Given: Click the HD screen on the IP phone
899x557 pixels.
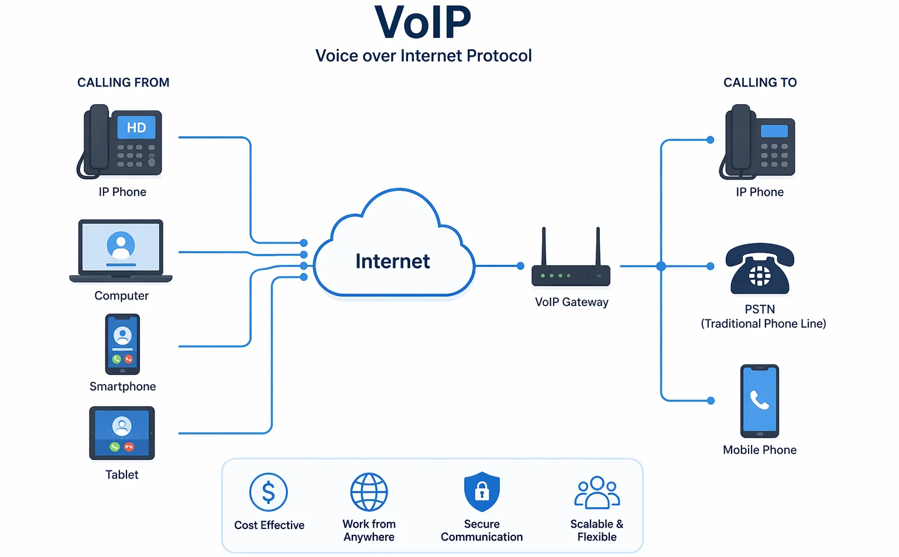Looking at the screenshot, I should [136, 128].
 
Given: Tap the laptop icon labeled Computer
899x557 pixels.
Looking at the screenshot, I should [121, 250].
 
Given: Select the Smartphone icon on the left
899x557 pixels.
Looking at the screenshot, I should [122, 344].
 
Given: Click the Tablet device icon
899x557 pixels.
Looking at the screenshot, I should [122, 433].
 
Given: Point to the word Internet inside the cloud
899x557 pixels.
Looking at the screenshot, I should [392, 261].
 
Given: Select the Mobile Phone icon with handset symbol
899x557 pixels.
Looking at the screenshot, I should [760, 401].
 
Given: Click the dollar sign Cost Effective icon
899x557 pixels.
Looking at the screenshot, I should [269, 492].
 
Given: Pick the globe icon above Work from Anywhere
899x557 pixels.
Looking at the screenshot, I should [369, 492].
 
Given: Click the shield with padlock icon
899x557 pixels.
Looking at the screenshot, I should [482, 491].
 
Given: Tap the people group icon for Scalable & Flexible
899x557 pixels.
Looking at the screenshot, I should [597, 492].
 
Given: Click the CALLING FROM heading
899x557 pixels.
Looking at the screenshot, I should [123, 82].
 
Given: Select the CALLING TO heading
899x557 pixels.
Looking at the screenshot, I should [760, 82].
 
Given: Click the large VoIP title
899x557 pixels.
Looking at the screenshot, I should [423, 23].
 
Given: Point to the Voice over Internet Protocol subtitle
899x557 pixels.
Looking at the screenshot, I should [423, 56].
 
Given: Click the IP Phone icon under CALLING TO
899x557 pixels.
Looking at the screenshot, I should [759, 142].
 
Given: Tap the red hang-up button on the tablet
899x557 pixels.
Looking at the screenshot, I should [129, 447].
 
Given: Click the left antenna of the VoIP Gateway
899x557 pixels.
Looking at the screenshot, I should [544, 246].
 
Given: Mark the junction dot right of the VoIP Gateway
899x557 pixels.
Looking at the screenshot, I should [661, 266].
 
